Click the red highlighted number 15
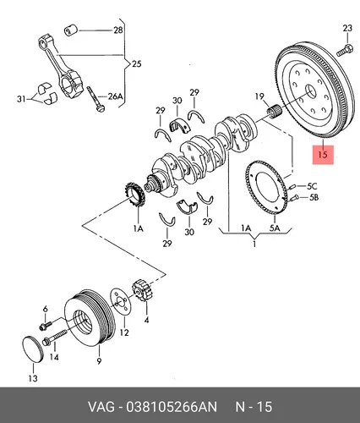tap(323, 155)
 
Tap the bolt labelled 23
tap(344, 50)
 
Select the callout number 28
tap(118, 30)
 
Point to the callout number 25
tap(137, 64)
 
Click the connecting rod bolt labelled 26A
tap(95, 99)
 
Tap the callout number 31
tap(21, 99)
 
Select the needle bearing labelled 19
tap(274, 111)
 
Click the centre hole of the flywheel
tap(312, 91)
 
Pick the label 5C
tap(312, 186)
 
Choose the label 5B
tap(314, 197)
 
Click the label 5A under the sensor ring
tap(275, 228)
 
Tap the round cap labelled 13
tap(32, 349)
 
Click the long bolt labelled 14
tap(54, 337)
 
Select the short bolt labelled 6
tap(46, 325)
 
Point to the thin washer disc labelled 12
tap(121, 301)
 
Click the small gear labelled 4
tap(143, 290)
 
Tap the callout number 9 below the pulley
tap(99, 360)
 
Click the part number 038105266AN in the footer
tap(172, 407)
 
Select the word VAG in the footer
tap(101, 407)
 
